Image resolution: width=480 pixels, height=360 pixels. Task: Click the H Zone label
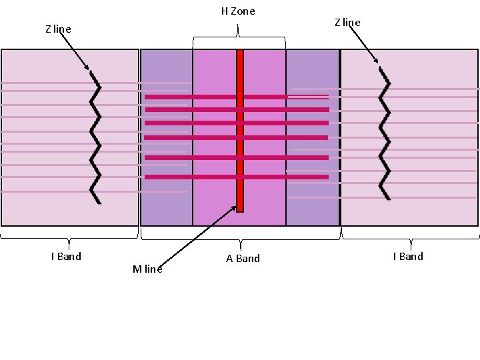[238, 11]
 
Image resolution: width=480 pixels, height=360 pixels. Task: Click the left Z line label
[58, 29]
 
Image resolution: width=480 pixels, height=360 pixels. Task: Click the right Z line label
[347, 23]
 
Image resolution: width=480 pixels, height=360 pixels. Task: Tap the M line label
[147, 269]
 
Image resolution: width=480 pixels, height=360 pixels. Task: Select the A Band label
[243, 259]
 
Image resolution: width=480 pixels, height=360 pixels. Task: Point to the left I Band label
[66, 257]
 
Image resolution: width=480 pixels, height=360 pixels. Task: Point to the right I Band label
[408, 257]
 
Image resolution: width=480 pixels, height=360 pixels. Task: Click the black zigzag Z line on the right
[384, 133]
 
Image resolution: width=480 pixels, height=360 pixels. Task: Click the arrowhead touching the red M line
[234, 209]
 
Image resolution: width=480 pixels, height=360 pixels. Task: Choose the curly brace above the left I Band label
[69, 235]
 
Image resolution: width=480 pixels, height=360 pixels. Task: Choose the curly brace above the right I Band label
[410, 235]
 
